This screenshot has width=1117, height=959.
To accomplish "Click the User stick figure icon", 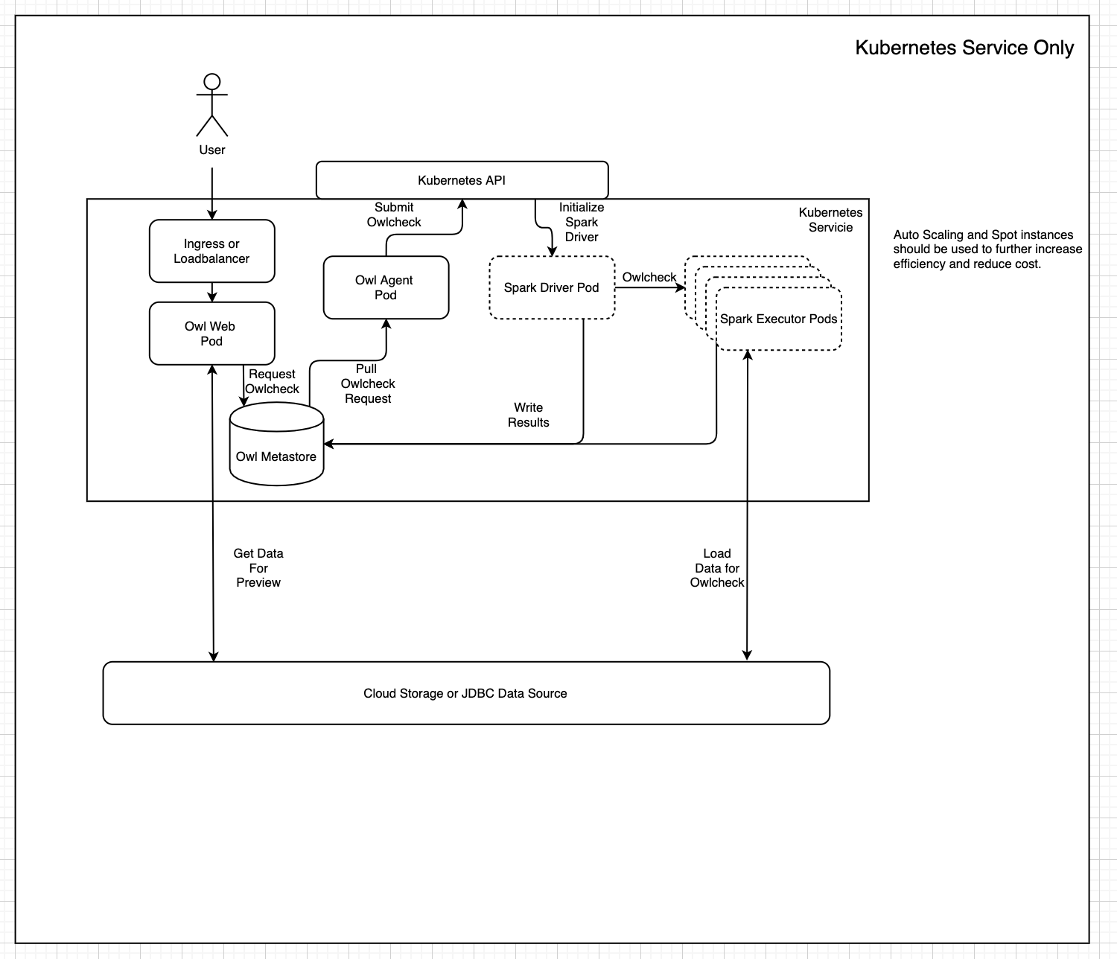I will point(212,105).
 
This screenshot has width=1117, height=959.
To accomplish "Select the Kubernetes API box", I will point(462,180).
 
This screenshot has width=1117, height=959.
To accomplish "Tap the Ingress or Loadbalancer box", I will point(212,251).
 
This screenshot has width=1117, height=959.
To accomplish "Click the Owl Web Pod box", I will point(212,334).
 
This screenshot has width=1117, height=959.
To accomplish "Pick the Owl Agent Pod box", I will point(386,287).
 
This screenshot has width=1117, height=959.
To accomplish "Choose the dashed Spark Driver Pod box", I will point(552,288).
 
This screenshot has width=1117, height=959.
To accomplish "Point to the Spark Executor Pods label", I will point(778,319).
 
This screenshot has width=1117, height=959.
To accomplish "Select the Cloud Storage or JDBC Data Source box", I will point(466,693).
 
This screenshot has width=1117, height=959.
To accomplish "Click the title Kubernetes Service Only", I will point(964,48).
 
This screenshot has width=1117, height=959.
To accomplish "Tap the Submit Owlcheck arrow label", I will point(394,214).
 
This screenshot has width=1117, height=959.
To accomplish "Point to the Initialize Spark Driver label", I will point(582,222).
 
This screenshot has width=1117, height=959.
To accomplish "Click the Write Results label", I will point(529,415).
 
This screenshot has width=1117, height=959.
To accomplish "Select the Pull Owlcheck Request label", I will point(368,383).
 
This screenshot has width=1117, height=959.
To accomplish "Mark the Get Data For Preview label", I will point(258,568).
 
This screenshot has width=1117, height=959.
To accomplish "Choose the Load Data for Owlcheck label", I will point(717,568).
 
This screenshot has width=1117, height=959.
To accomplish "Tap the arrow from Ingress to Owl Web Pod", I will point(212,292).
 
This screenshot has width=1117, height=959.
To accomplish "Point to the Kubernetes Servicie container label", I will point(830,220).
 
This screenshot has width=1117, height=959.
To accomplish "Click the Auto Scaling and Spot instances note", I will point(987,249).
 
